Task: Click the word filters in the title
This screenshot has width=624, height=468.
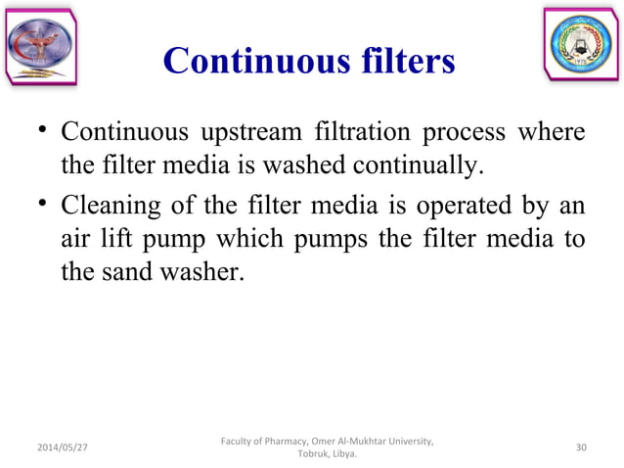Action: tap(400, 62)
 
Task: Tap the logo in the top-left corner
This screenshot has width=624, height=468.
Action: tap(39, 44)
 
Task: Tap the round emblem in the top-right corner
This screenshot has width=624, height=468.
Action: tap(583, 44)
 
